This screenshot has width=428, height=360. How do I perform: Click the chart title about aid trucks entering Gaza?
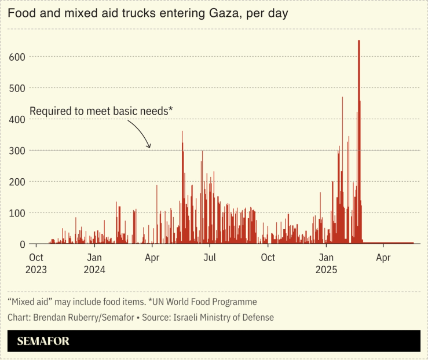pyautogui.click(x=148, y=13)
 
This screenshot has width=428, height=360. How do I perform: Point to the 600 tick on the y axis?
pyautogui.click(x=16, y=57)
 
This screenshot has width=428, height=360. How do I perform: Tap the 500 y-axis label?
pyautogui.click(x=16, y=88)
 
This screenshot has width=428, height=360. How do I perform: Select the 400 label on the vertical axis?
pyautogui.click(x=16, y=119)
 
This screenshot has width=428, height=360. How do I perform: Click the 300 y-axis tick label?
pyautogui.click(x=16, y=150)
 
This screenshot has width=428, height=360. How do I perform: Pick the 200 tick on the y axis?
pyautogui.click(x=16, y=182)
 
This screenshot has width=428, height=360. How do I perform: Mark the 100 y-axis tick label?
pyautogui.click(x=16, y=213)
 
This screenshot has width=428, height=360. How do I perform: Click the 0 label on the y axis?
pyautogui.click(x=21, y=244)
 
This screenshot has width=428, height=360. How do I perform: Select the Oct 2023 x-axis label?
pyautogui.click(x=36, y=263)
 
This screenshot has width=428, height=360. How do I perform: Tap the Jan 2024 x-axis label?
pyautogui.click(x=95, y=263)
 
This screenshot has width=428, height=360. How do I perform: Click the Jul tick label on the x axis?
pyautogui.click(x=210, y=258)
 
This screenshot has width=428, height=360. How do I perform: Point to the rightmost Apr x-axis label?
pyautogui.click(x=382, y=258)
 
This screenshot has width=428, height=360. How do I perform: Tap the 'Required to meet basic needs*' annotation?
pyautogui.click(x=101, y=111)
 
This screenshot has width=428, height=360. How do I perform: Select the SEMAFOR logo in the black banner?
pyautogui.click(x=43, y=341)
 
